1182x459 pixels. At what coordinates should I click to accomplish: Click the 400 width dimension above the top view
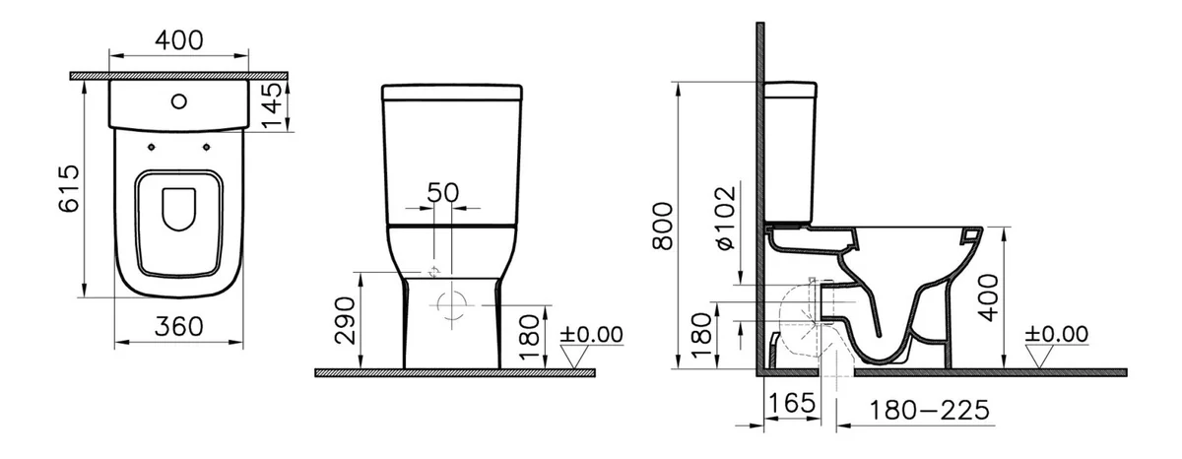(179, 40)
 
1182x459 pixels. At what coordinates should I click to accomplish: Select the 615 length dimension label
(69, 189)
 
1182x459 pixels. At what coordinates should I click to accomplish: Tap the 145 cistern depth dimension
(273, 105)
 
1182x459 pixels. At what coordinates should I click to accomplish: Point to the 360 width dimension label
(179, 327)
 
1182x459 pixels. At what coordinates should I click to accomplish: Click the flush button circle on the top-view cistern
(179, 101)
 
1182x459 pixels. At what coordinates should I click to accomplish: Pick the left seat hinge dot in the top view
(152, 147)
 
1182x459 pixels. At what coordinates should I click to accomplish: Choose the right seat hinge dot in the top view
(206, 147)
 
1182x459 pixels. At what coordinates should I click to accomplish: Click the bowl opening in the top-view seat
(179, 209)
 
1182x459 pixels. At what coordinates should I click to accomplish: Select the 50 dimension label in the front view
(442, 193)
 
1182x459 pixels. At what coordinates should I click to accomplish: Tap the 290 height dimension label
(346, 321)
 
